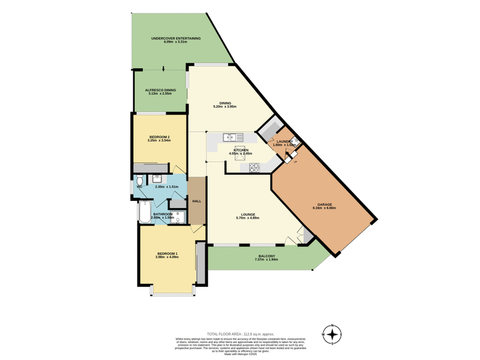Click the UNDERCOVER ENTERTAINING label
coord(176,38)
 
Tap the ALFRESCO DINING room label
coord(160,90)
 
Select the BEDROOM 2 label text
coord(160,137)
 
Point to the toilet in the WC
coord(139,181)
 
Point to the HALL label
coord(197,202)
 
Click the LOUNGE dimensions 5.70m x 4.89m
coord(248,218)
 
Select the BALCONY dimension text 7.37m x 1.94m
coord(267,260)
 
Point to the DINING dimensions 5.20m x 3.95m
coord(225,107)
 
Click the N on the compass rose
coord(333,324)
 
